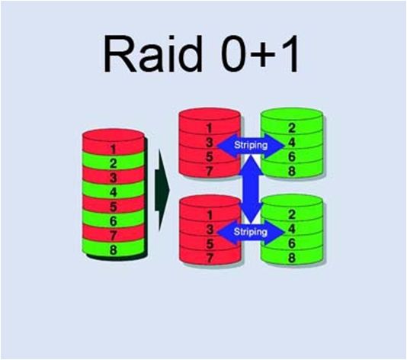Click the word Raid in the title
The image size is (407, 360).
(152, 54)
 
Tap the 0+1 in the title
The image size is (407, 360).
(260, 54)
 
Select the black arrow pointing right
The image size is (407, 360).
(162, 190)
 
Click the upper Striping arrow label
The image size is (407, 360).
(251, 145)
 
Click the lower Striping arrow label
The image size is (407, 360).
(251, 232)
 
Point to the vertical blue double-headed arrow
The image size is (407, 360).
(251, 189)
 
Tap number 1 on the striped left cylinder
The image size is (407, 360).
(113, 149)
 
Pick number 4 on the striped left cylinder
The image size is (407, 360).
(113, 192)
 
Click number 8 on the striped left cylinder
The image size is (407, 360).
(113, 250)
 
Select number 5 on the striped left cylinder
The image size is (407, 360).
(113, 207)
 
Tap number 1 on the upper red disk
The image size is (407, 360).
(209, 128)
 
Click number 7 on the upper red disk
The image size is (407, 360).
(209, 171)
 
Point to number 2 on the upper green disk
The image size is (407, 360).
(292, 128)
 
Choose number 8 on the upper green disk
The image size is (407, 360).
(292, 171)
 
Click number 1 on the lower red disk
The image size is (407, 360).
(210, 215)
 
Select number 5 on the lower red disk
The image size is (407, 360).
(210, 243)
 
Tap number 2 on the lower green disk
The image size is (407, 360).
(292, 214)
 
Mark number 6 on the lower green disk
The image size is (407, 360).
(292, 243)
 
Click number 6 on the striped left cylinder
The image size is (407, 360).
(113, 221)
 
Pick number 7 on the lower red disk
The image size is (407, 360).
(210, 258)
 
